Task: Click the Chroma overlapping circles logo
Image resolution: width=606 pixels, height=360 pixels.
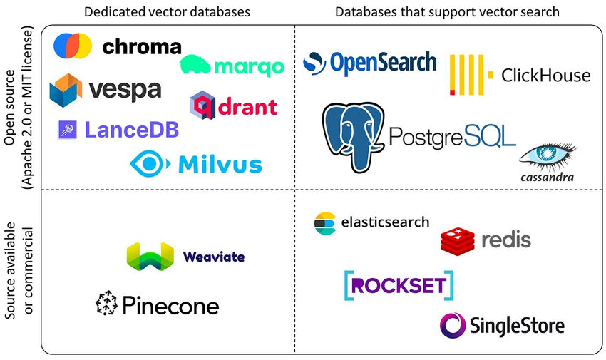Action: [x=73, y=46]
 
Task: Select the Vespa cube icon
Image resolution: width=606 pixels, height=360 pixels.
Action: [x=66, y=89]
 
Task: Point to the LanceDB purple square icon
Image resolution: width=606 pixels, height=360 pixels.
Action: [x=68, y=130]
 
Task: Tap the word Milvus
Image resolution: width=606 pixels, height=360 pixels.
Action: [x=220, y=165]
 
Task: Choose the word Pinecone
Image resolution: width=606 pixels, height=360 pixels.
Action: [x=170, y=306]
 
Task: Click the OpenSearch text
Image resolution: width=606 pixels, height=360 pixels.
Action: [x=382, y=63]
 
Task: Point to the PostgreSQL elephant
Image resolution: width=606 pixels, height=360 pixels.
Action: [x=354, y=136]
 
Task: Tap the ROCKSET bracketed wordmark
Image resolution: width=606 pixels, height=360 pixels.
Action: [x=399, y=285]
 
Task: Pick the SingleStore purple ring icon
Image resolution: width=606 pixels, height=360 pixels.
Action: [x=452, y=326]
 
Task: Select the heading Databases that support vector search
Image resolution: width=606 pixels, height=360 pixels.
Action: [x=446, y=12]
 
